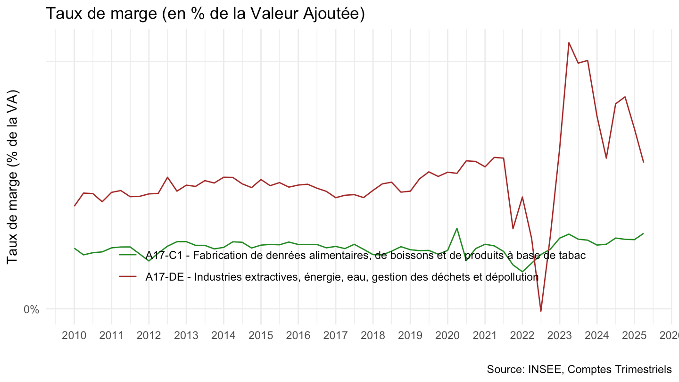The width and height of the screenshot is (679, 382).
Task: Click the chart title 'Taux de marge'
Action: pos(205,14)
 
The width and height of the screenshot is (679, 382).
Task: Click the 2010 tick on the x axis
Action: pos(74,336)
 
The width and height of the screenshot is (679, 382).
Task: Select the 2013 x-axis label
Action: pos(186,336)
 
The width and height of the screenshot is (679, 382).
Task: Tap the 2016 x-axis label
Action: pos(298,336)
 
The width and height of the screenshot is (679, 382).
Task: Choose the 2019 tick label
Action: pos(410,336)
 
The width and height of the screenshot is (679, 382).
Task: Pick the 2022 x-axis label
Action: pos(522,336)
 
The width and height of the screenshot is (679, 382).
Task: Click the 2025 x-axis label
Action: pos(634,336)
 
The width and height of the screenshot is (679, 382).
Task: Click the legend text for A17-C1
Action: pos(365,256)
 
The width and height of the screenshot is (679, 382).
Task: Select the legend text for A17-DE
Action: pos(342,277)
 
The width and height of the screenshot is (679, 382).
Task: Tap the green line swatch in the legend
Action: pos(128,255)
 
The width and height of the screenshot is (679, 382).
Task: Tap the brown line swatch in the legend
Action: pos(128,277)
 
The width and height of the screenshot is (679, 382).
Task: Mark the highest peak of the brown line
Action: pos(569,42)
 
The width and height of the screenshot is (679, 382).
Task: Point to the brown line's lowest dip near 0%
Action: pos(541,311)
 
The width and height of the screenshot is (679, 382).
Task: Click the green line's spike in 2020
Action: pos(457,228)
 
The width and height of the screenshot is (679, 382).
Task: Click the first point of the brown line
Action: pos(74,206)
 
